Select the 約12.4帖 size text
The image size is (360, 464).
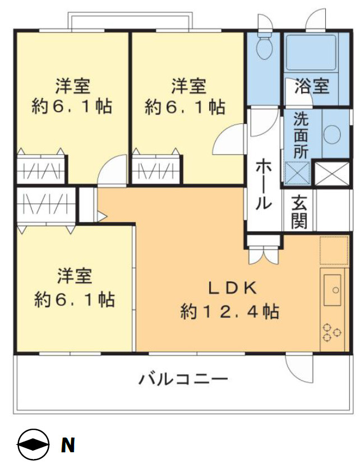pyautogui.click(x=230, y=312)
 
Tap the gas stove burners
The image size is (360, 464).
pyautogui.click(x=331, y=333)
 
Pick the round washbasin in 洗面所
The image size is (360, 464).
pyautogui.click(x=333, y=135)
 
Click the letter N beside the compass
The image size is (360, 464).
pyautogui.click(x=68, y=446)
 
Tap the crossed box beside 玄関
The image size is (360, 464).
pyautogui.click(x=331, y=174)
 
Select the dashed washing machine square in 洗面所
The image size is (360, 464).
pyautogui.click(x=297, y=173)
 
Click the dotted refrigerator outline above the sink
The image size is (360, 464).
pyautogui.click(x=334, y=250)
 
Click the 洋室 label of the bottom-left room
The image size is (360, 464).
pyautogui.click(x=74, y=276)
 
